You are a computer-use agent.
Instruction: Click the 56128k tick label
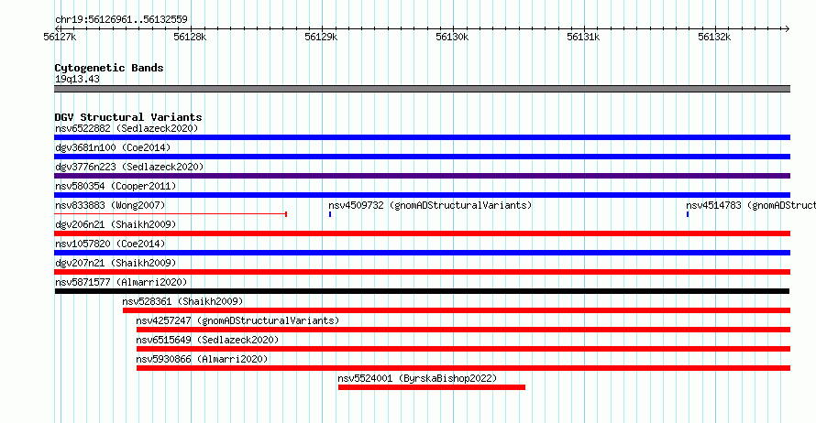tap(190, 37)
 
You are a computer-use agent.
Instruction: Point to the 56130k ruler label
tap(452, 37)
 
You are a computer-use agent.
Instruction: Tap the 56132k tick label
tap(714, 37)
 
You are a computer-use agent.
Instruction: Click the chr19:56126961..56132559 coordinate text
tap(121, 20)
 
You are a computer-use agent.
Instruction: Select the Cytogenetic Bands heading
tap(109, 68)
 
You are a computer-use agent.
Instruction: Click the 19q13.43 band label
tap(77, 79)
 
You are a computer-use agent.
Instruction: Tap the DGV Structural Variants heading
tap(128, 117)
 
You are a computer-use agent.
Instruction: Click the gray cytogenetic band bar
tap(422, 89)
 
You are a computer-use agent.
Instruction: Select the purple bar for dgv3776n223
tap(422, 176)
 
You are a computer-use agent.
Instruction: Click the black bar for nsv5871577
tap(422, 291)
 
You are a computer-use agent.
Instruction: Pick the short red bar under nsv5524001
tap(432, 387)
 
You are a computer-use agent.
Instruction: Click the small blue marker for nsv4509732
tap(330, 214)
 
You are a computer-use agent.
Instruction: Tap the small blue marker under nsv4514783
tap(688, 214)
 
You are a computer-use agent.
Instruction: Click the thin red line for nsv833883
tap(171, 213)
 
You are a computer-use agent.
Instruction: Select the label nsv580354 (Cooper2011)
tap(116, 186)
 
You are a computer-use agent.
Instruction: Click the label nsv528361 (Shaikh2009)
tap(182, 301)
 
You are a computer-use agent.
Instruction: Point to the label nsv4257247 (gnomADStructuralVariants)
tap(237, 320)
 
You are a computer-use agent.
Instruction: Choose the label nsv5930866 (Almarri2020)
tap(202, 359)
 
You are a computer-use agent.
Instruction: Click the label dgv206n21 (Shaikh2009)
tap(116, 224)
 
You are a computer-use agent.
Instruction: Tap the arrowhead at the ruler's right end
tap(788, 29)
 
